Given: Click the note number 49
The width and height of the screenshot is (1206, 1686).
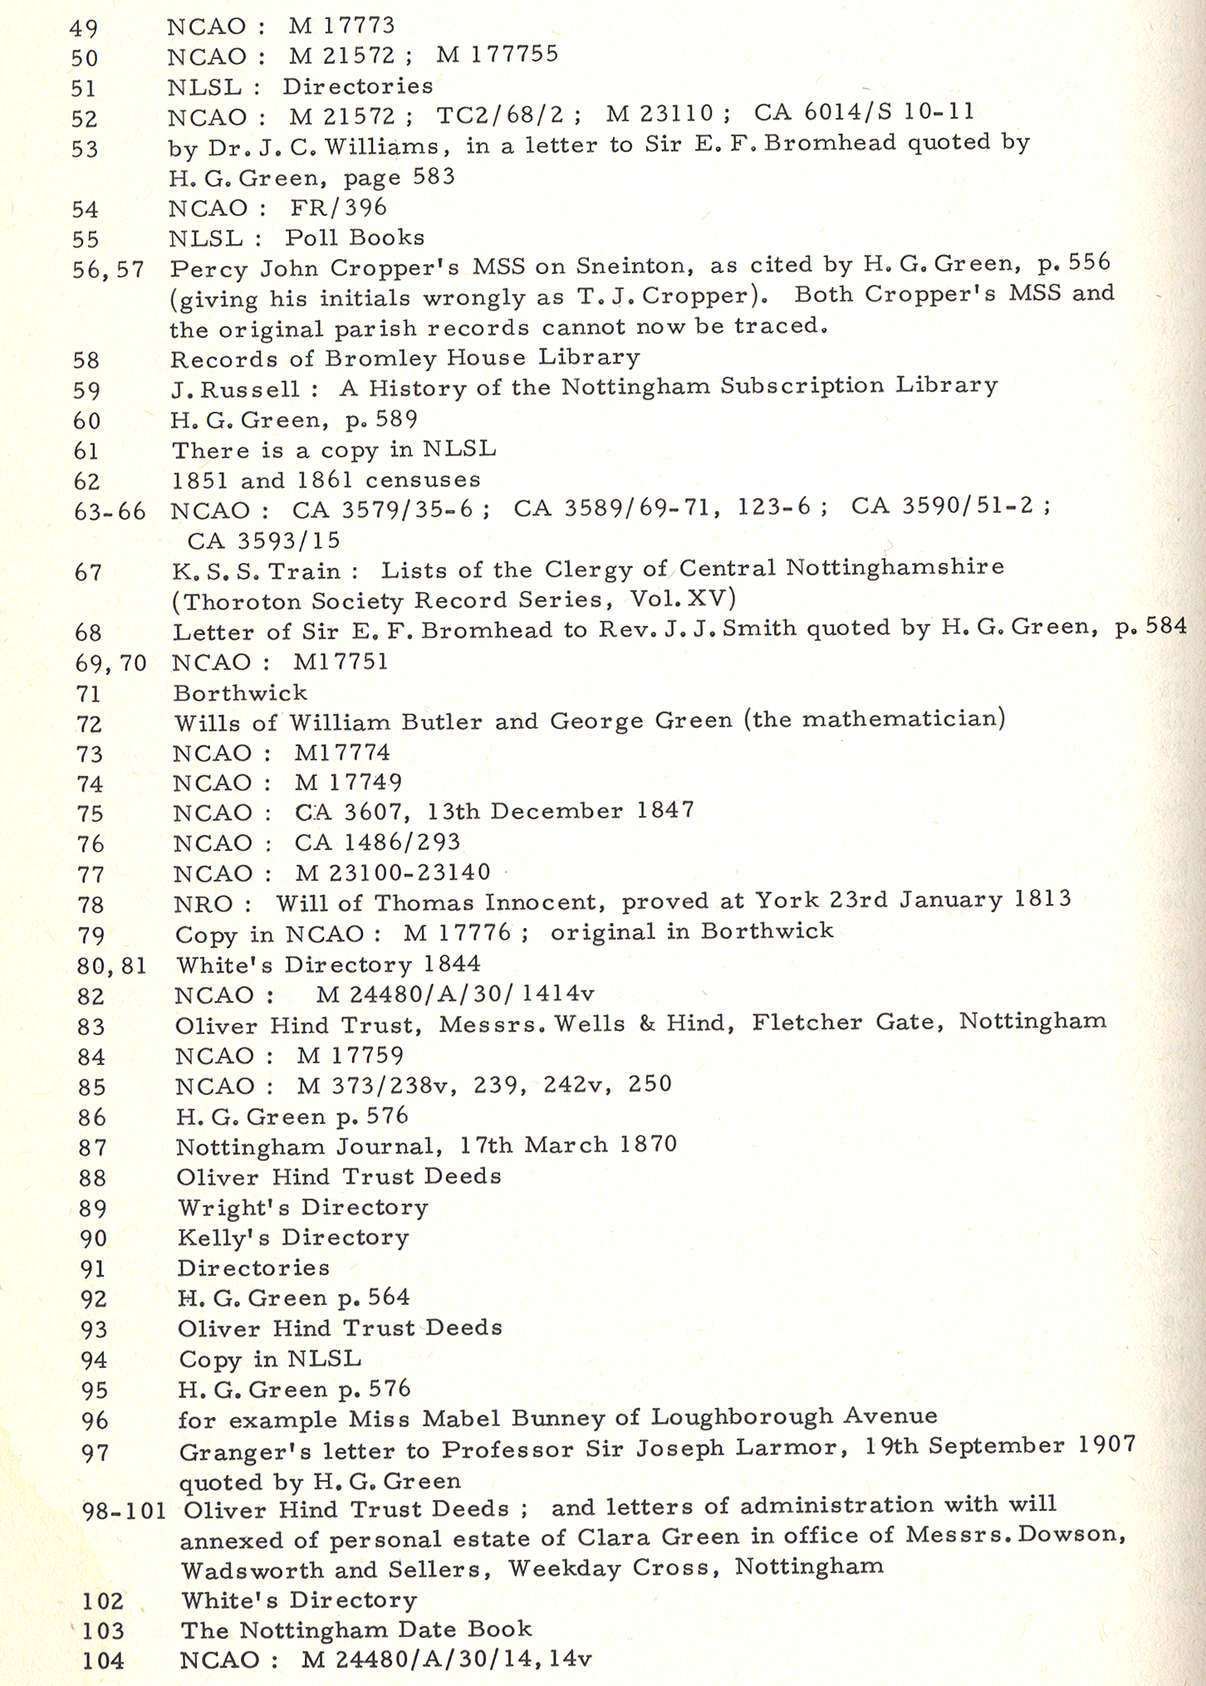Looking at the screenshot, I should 83,28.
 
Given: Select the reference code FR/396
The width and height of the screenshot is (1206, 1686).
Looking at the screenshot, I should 339,207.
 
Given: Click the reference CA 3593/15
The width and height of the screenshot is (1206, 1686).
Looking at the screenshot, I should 263,540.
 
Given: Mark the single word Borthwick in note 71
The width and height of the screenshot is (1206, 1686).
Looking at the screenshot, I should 240,692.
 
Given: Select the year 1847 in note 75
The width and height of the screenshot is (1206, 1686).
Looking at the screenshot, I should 665,810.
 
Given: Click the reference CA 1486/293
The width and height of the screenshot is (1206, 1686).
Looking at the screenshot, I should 378,842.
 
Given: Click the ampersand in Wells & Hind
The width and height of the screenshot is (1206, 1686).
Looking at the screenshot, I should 647,1024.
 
